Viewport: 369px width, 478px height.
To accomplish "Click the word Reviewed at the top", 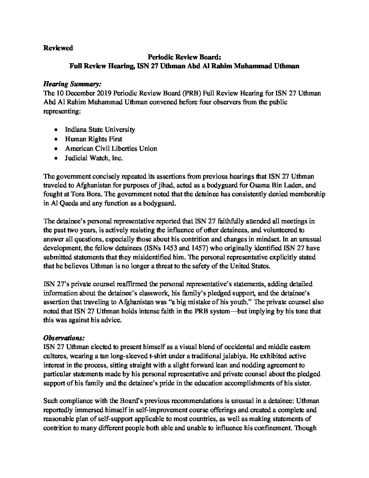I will [x=58, y=48].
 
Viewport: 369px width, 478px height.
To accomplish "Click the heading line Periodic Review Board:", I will [x=184, y=57].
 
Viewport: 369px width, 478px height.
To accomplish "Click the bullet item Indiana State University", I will [x=100, y=129].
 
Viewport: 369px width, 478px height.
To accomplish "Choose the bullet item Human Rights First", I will [x=94, y=139].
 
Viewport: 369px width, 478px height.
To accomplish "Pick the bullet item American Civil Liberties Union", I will [x=111, y=148].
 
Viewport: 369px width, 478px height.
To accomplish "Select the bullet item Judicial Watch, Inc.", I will [x=94, y=158].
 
